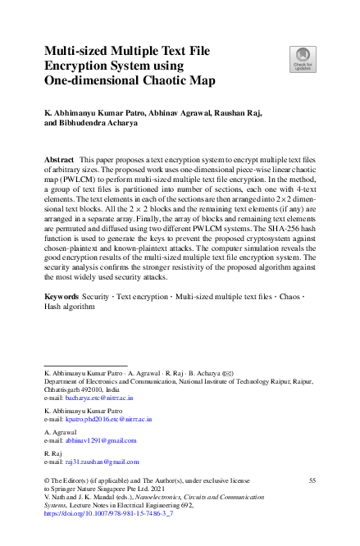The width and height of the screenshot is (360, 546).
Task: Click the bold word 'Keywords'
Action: (x=62, y=293)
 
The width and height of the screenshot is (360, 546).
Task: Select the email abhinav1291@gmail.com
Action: (x=100, y=440)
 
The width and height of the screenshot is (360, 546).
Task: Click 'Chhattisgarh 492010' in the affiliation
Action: (x=76, y=389)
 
